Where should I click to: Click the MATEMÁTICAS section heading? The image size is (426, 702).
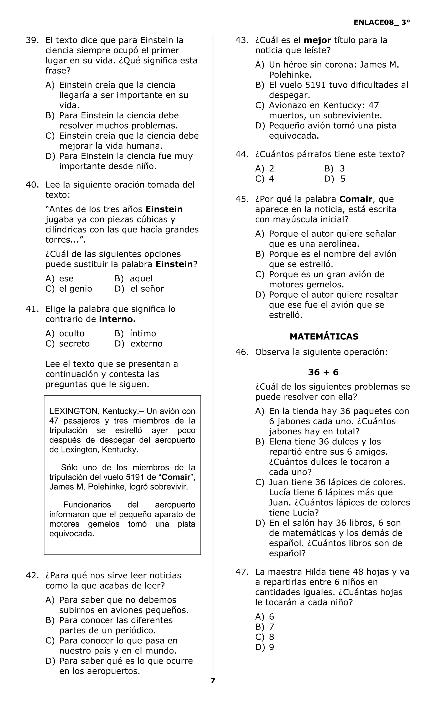point(324,337)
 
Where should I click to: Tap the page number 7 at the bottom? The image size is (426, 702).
point(213,680)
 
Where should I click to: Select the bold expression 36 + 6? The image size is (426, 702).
point(323,372)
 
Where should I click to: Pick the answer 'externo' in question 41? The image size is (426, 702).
point(146,344)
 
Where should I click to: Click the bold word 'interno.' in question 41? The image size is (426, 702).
point(117,319)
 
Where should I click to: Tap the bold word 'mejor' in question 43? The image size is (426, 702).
point(317,40)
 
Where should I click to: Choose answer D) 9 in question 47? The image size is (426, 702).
point(265,647)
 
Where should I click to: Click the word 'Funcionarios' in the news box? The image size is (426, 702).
point(87,504)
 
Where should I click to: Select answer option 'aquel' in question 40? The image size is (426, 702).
point(141,278)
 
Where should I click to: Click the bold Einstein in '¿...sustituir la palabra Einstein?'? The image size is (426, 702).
point(174,264)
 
